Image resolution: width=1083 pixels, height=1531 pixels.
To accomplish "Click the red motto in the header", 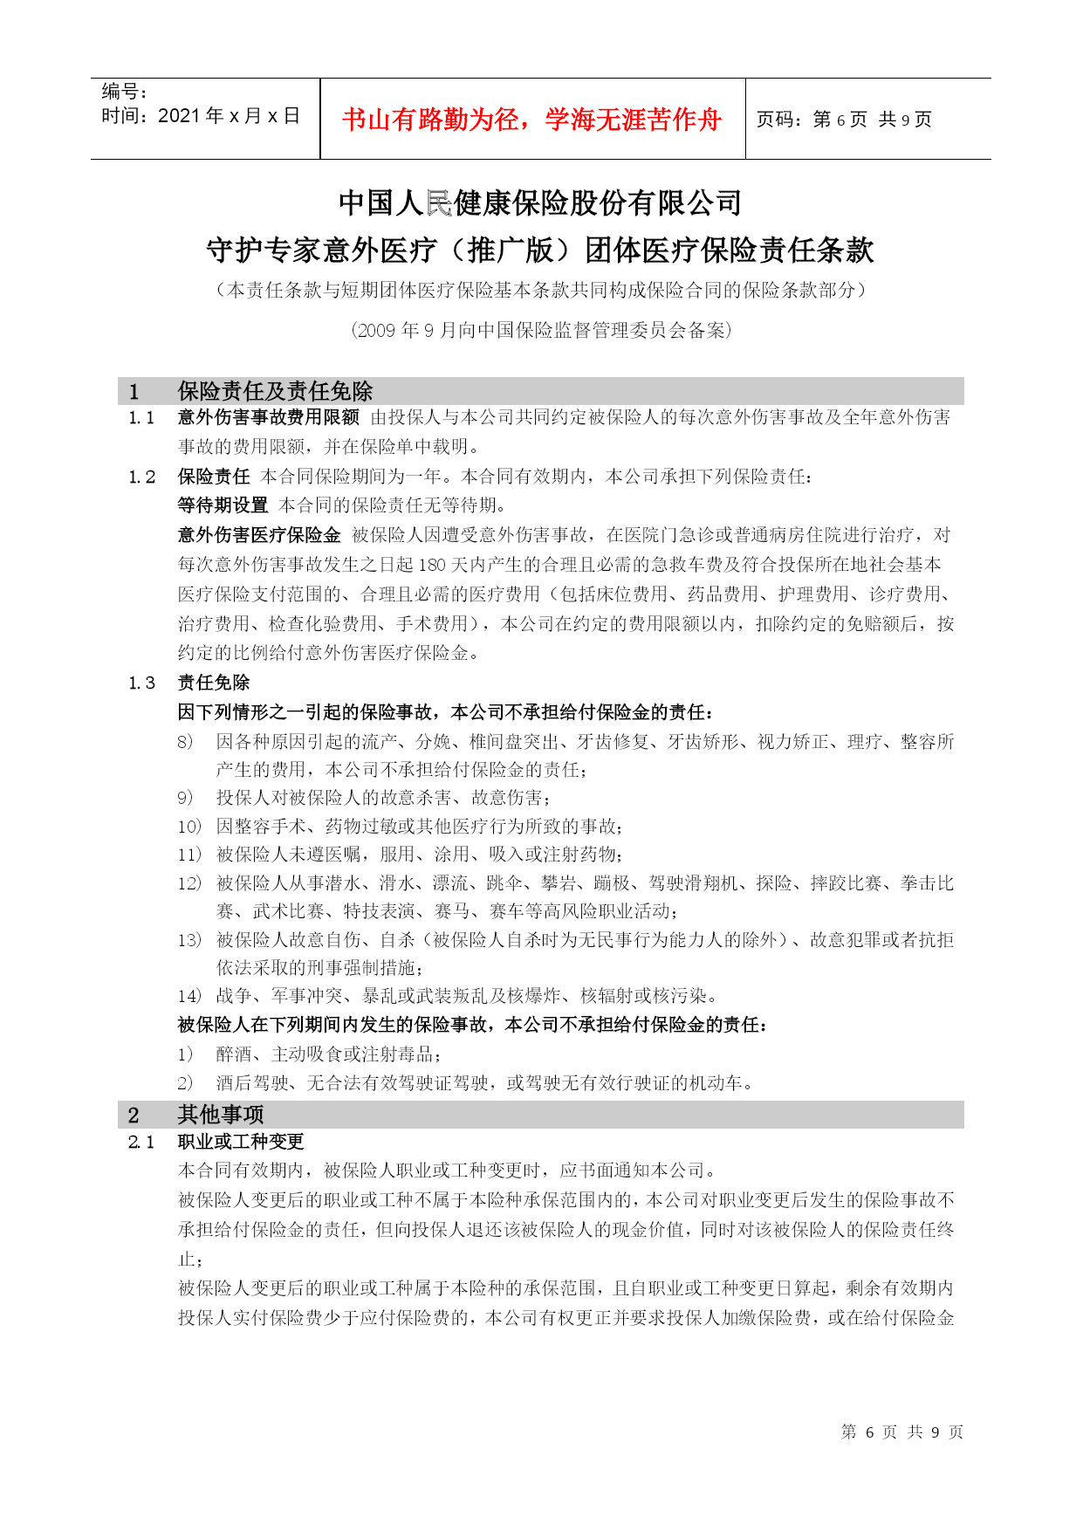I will [532, 120].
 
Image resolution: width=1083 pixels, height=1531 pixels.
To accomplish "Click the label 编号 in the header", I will [124, 92].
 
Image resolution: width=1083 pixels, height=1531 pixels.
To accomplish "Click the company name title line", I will [540, 203].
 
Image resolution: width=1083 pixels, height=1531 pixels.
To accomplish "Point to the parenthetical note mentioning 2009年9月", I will [540, 330].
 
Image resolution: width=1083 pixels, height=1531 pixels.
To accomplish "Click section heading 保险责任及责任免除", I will [275, 391].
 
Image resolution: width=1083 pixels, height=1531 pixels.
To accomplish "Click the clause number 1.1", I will [141, 418].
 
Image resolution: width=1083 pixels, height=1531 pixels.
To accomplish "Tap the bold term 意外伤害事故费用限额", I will [268, 418].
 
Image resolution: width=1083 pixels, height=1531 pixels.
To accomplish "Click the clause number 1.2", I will [141, 477].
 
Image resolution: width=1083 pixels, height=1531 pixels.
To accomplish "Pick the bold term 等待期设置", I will [223, 505].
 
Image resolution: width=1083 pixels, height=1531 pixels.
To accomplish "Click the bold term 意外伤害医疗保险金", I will [259, 535].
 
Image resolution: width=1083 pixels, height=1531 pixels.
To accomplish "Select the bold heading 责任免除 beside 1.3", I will [214, 683].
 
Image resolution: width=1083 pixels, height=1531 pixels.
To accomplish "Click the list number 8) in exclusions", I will [185, 742].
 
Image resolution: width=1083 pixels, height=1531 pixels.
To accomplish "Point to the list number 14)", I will [189, 996].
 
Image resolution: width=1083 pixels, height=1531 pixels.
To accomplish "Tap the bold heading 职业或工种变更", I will [241, 1142].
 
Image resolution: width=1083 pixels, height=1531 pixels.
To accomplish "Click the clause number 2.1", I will [141, 1142].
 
